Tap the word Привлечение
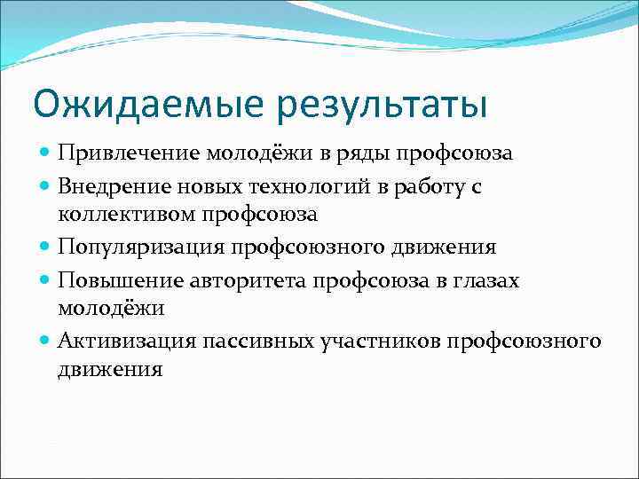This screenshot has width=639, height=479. (129, 153)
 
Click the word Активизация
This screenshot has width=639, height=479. (126, 341)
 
